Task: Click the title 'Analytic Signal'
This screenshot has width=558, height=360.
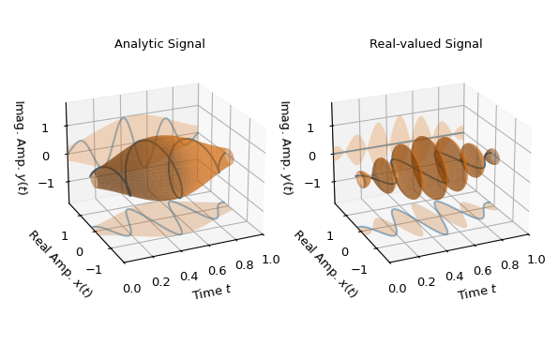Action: tap(159, 44)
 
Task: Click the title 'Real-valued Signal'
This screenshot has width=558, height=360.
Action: tap(426, 44)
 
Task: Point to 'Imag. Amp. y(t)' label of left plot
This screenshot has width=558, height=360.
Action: tap(20, 147)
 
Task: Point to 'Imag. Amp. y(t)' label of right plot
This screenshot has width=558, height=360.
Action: tap(285, 147)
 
